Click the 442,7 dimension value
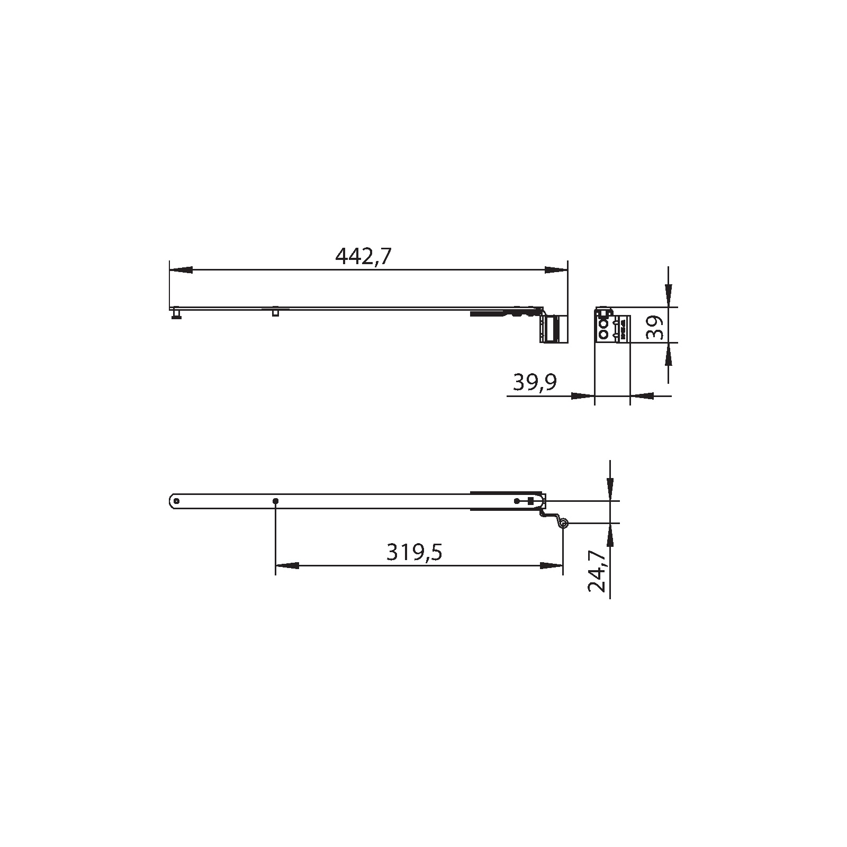[363, 256]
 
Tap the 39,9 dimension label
[535, 382]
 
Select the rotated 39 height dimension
[655, 328]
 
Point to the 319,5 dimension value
[414, 552]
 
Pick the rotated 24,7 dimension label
[597, 570]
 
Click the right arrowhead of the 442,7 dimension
[556, 270]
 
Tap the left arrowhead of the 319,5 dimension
[287, 565]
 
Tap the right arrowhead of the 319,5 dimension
[552, 565]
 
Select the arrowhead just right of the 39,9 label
[582, 395]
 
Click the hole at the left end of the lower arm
[177, 501]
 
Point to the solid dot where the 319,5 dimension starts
[275, 501]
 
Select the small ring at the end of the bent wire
[564, 524]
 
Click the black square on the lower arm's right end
[530, 501]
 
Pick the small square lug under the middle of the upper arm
[275, 312]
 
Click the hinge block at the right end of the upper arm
[554, 329]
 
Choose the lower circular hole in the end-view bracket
[602, 334]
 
